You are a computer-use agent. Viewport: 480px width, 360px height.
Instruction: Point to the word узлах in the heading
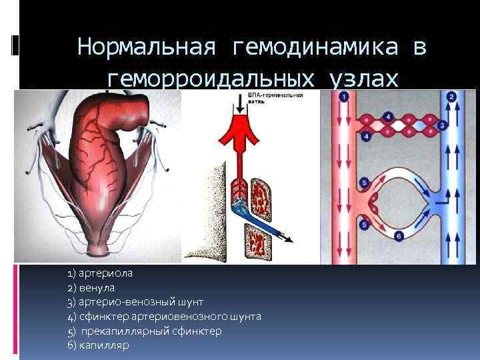pyautogui.click(x=364, y=79)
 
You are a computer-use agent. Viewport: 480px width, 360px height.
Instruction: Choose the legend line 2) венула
pyautogui.click(x=91, y=288)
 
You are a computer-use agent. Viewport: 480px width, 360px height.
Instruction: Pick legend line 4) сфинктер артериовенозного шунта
pyautogui.click(x=164, y=316)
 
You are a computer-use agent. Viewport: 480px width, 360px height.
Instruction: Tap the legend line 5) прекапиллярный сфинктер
pyautogui.click(x=145, y=331)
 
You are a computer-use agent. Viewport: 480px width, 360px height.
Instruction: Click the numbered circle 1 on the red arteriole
pyautogui.click(x=344, y=97)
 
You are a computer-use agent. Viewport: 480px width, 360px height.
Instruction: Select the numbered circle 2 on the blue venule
pyautogui.click(x=451, y=97)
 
